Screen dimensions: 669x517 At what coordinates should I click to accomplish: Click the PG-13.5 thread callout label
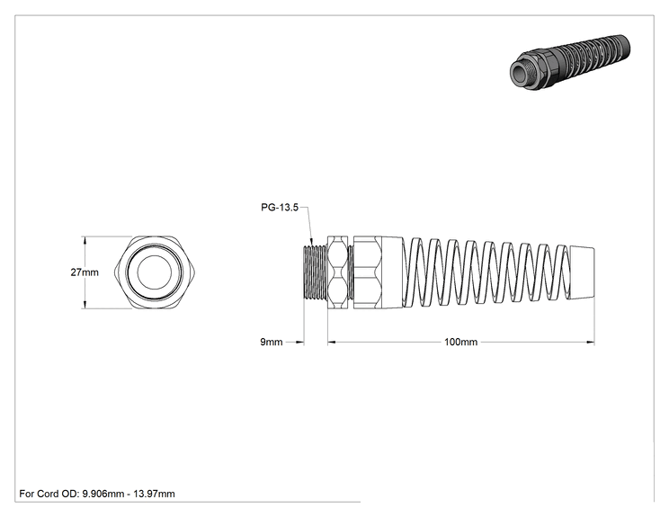(280, 208)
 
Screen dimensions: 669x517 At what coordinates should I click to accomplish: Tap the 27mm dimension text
(85, 272)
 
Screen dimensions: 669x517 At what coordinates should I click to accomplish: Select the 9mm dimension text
(272, 342)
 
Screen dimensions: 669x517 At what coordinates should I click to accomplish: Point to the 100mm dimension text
(460, 342)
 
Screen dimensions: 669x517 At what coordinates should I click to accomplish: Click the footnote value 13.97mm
(154, 494)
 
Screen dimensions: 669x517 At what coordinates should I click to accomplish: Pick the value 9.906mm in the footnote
(103, 494)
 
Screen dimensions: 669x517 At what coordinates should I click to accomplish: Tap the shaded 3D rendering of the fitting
(570, 61)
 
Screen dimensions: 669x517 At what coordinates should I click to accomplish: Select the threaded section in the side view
(315, 272)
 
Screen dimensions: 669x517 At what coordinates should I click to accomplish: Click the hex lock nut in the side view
(338, 272)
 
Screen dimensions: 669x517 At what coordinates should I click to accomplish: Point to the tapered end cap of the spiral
(582, 272)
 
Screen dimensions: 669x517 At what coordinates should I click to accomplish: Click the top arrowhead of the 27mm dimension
(85, 240)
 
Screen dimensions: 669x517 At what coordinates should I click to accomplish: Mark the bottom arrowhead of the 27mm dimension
(85, 305)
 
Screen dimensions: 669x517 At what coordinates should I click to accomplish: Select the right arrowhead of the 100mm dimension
(591, 342)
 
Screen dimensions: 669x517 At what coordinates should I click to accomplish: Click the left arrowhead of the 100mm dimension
(332, 342)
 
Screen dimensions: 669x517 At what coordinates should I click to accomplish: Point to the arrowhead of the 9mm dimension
(299, 342)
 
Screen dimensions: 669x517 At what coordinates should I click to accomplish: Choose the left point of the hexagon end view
(115, 272)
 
